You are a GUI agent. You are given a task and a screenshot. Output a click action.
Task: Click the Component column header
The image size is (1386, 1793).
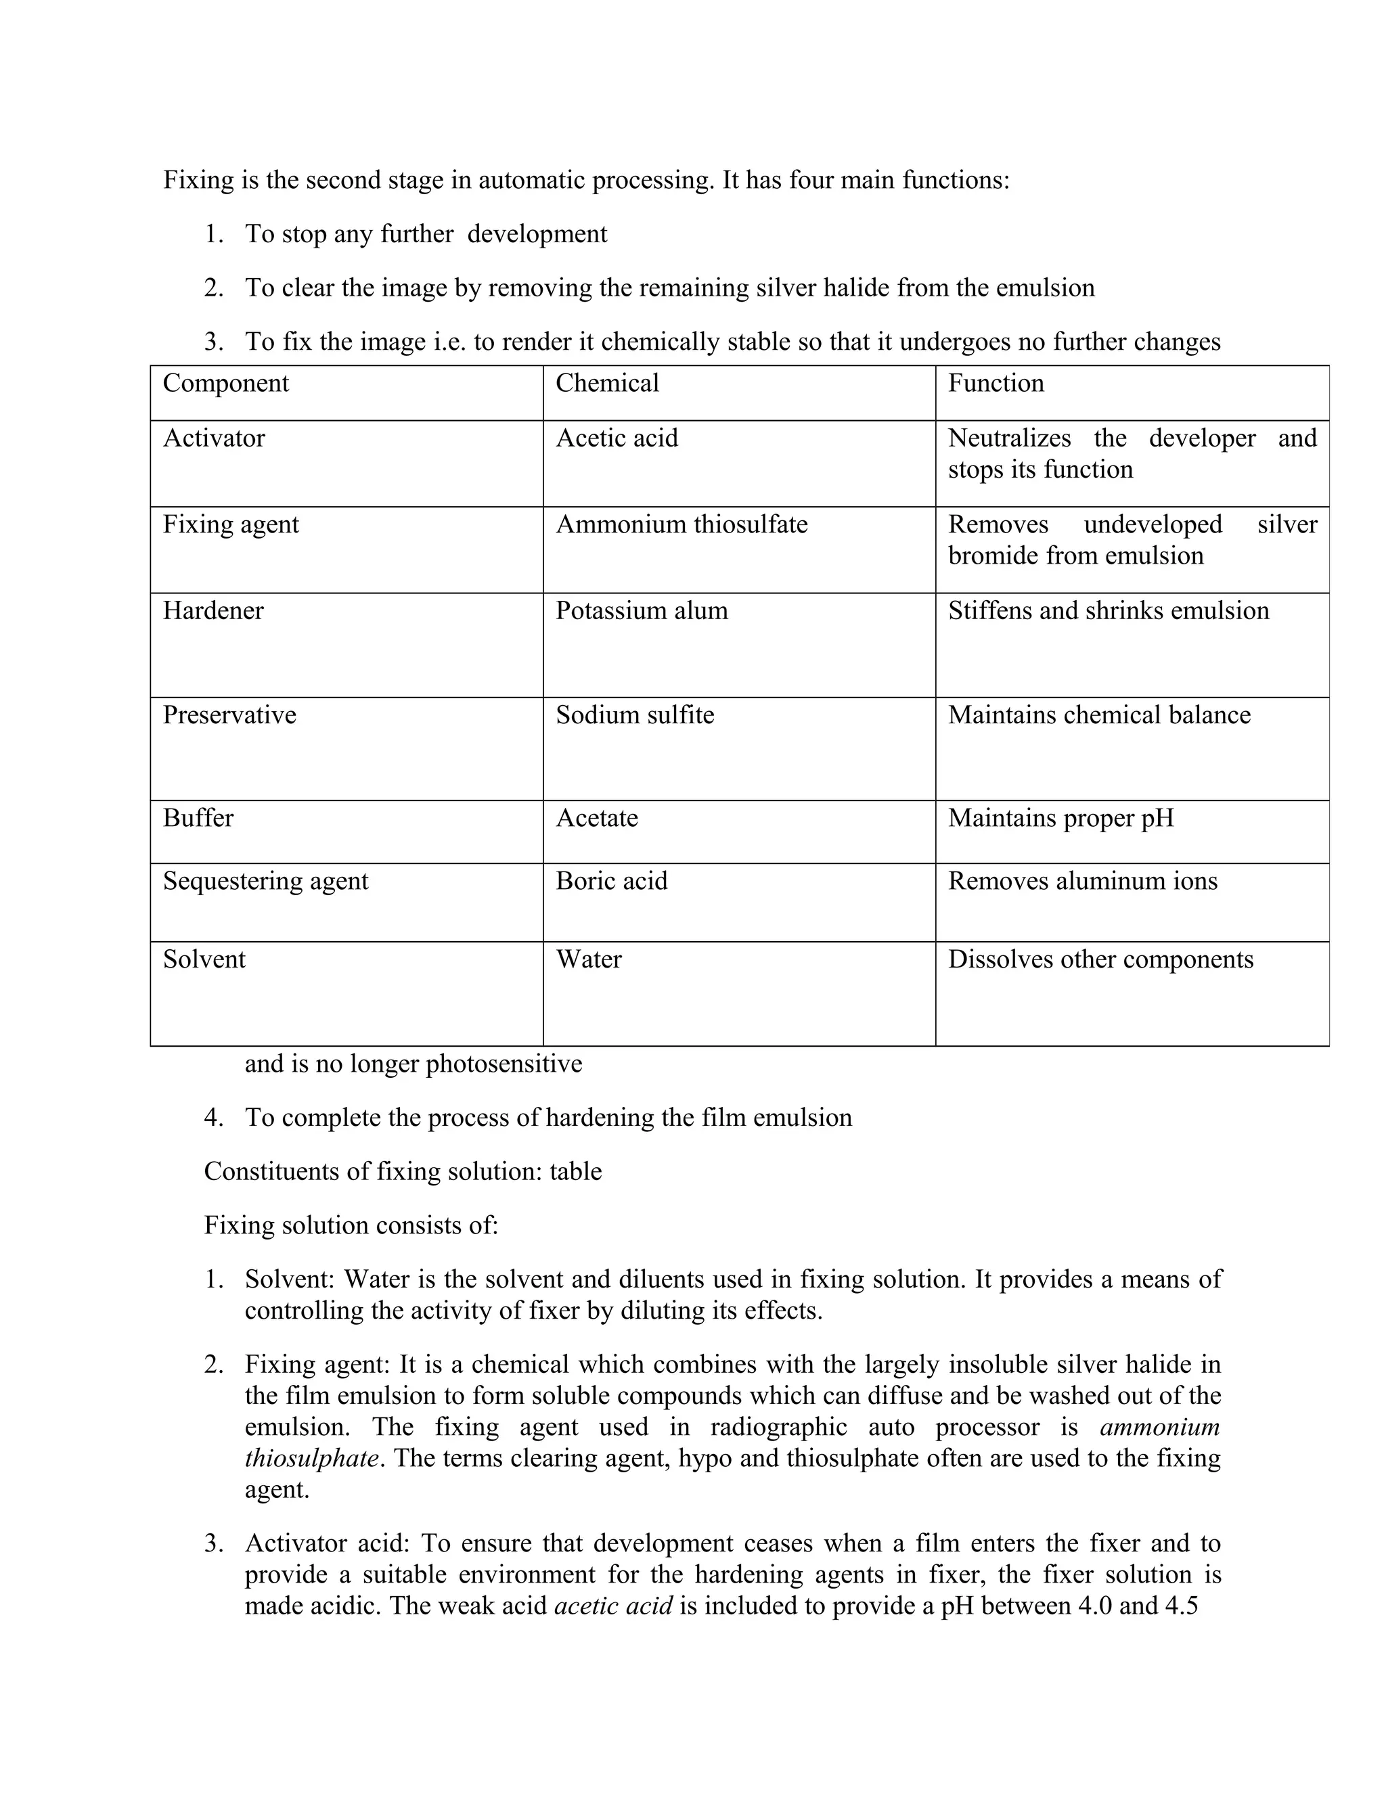tap(226, 384)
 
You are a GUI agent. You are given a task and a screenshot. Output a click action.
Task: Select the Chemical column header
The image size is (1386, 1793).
tap(607, 384)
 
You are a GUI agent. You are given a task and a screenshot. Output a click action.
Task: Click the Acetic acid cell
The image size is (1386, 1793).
tap(617, 438)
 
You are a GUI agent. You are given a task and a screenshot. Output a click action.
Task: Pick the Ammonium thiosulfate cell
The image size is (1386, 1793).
tap(681, 524)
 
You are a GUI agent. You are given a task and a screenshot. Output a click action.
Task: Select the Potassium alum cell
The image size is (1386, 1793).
tap(642, 611)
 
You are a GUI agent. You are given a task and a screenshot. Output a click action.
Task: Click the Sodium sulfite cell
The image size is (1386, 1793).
tap(635, 715)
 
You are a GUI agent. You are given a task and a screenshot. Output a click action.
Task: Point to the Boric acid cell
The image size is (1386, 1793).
tap(611, 881)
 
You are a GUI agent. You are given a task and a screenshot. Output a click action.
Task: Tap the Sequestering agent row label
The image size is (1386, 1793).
tap(265, 881)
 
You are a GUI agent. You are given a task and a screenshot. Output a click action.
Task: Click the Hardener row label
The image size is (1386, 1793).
tap(213, 611)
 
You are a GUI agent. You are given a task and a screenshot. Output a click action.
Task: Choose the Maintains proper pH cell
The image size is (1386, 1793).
tap(1061, 819)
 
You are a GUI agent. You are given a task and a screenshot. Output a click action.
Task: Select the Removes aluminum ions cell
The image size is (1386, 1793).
tap(1082, 881)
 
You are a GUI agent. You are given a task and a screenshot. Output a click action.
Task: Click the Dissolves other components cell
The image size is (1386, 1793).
tap(1100, 959)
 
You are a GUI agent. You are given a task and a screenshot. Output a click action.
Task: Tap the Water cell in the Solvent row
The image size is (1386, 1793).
tap(589, 959)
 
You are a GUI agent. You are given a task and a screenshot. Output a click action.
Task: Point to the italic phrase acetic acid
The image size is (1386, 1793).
tap(613, 1605)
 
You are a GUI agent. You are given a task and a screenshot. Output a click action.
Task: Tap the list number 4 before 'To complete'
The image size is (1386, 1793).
tap(213, 1118)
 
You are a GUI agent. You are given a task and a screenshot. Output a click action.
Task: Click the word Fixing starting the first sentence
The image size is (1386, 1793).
tap(199, 180)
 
